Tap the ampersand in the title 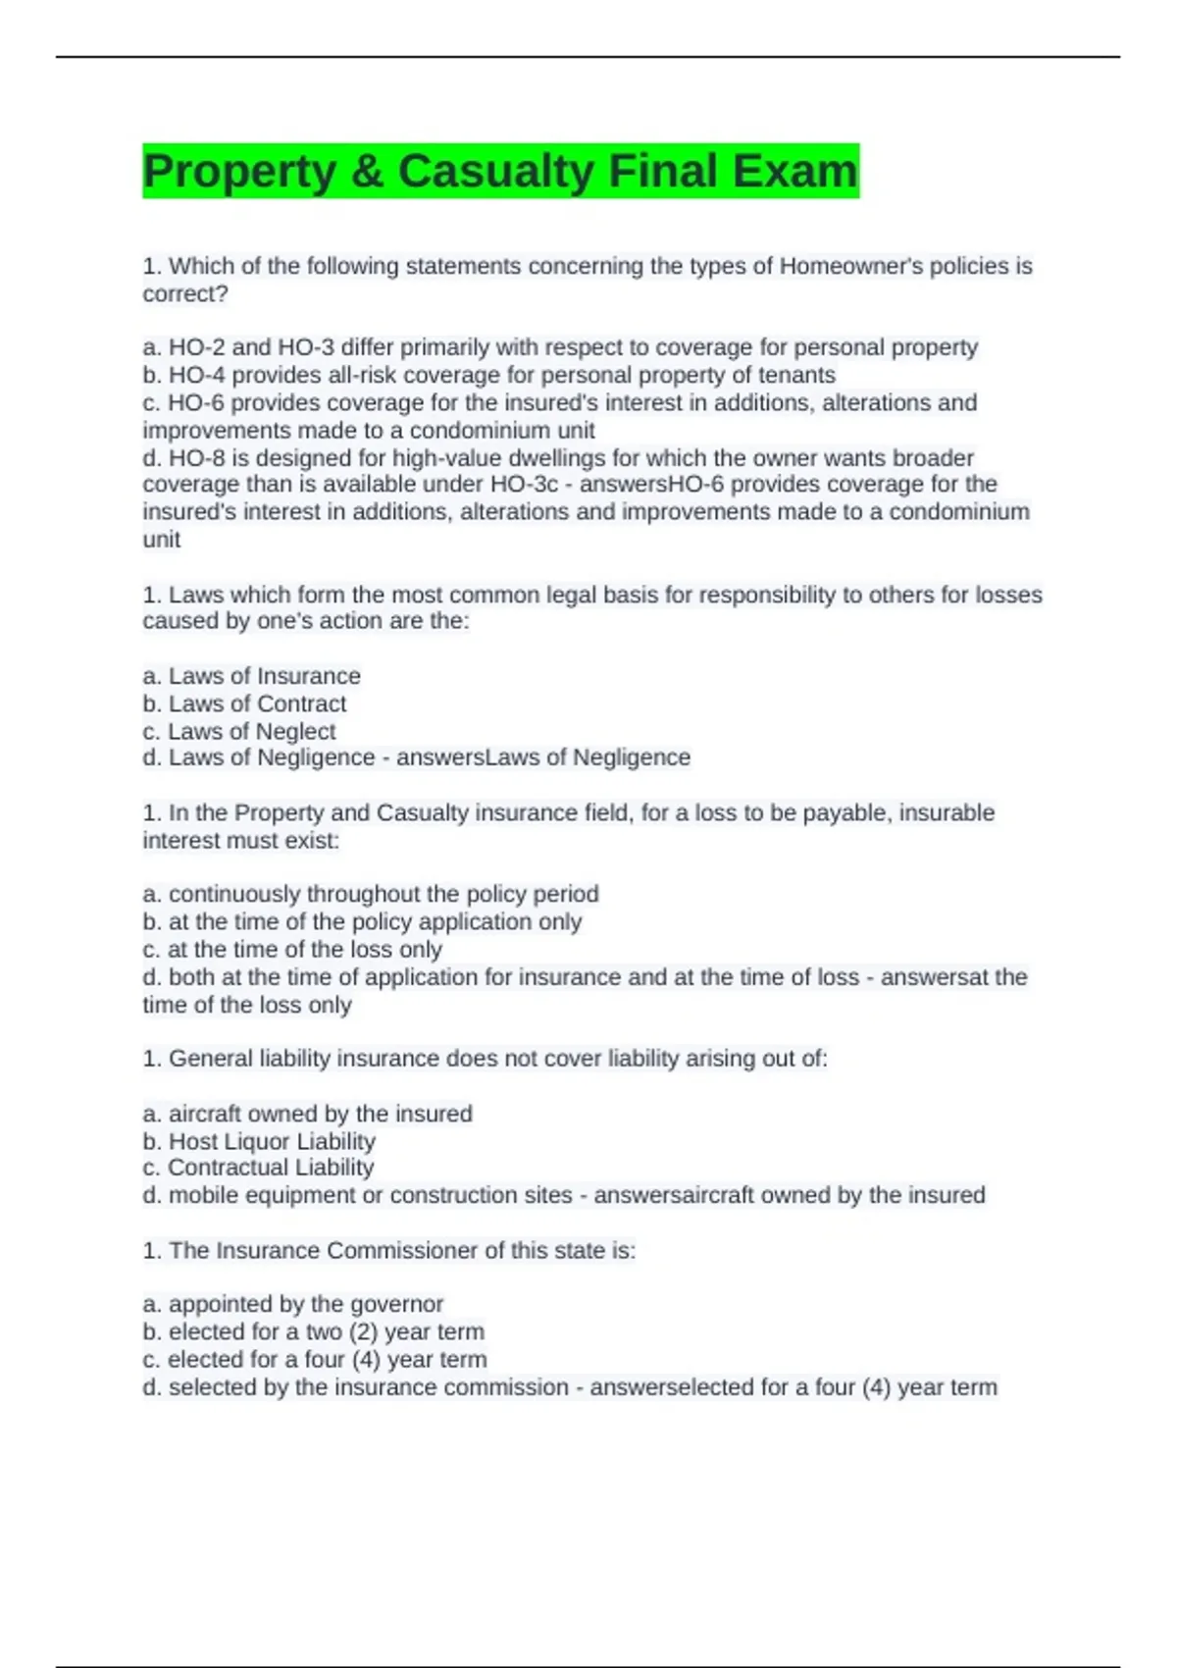(x=367, y=171)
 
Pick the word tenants (x=796, y=375)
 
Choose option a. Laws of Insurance (x=252, y=676)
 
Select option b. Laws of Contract (x=245, y=704)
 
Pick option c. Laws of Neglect (x=239, y=731)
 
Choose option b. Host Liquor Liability (x=260, y=1141)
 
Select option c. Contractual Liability (x=259, y=1168)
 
